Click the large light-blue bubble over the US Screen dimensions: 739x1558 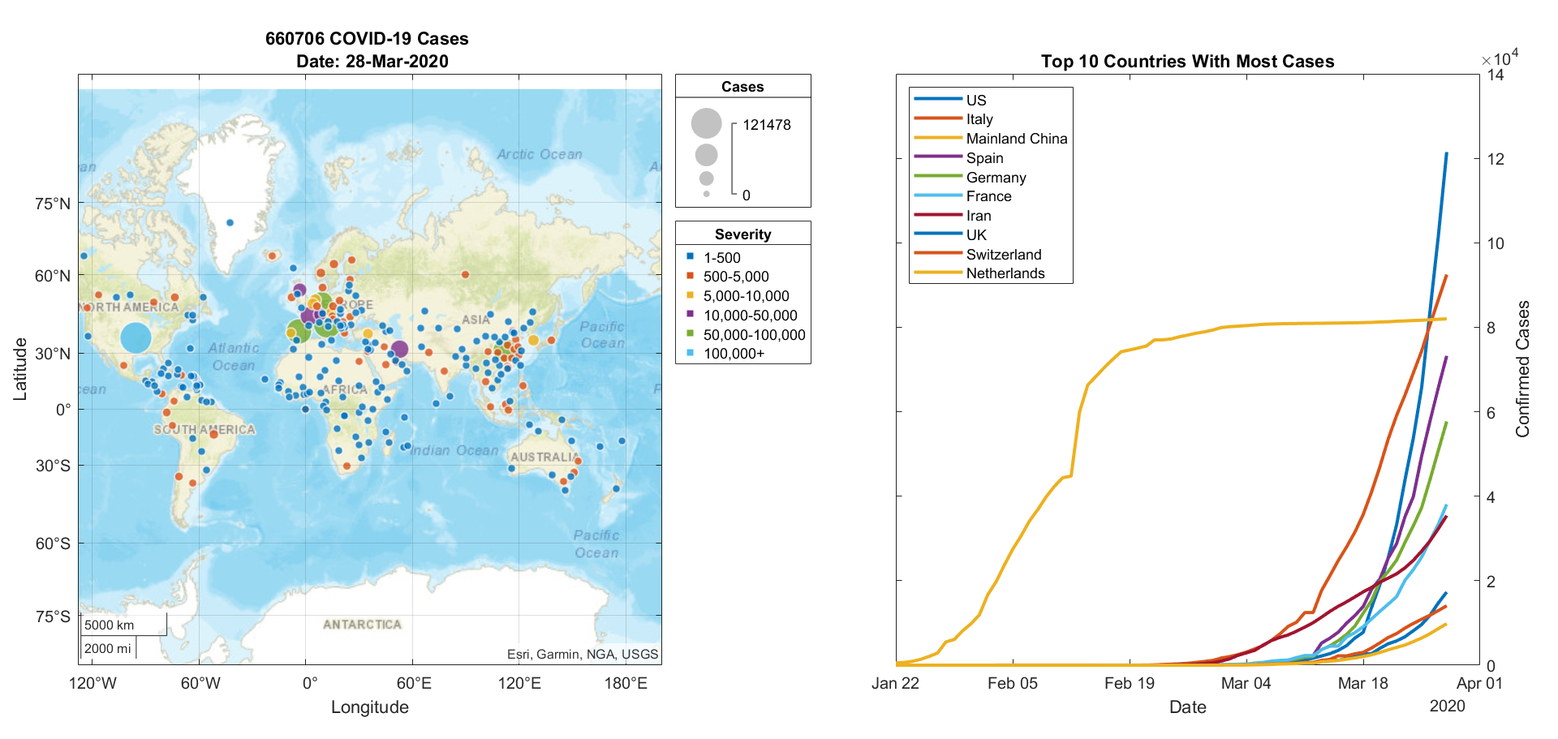(x=136, y=337)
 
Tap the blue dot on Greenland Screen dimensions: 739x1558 (x=230, y=222)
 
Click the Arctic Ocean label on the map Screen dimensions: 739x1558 (x=539, y=154)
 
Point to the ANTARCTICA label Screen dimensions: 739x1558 (x=362, y=625)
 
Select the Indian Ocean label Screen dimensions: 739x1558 (x=454, y=450)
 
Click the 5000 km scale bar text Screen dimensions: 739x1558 (x=110, y=625)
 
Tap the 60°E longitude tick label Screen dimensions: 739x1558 (x=414, y=683)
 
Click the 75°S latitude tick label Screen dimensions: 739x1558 (x=53, y=617)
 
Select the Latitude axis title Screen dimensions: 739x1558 (x=20, y=369)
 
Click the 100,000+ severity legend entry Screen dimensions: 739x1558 (x=734, y=354)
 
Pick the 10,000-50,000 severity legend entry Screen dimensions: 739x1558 (x=750, y=316)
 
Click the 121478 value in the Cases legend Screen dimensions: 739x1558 (x=766, y=125)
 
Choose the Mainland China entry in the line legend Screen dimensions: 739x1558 (x=1016, y=139)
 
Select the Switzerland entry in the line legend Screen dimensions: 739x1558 (x=1003, y=255)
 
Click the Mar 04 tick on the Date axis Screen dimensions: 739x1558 (x=1246, y=683)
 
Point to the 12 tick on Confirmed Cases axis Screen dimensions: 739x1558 (x=1495, y=159)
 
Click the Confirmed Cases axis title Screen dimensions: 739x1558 (x=1523, y=369)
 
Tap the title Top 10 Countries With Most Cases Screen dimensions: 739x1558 (x=1187, y=62)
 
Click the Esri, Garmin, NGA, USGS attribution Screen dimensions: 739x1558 (x=583, y=654)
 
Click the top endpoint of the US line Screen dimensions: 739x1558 (x=1446, y=153)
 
